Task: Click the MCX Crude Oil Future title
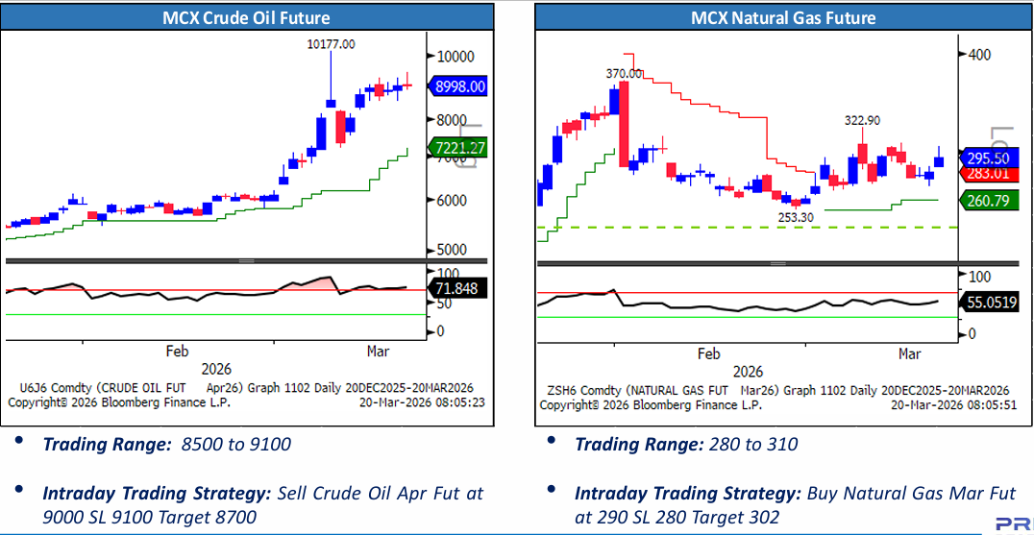click(x=246, y=17)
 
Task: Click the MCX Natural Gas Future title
click(x=783, y=17)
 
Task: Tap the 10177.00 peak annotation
click(x=330, y=44)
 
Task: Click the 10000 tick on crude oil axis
click(x=454, y=55)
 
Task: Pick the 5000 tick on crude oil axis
click(x=452, y=250)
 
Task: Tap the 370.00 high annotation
click(x=624, y=73)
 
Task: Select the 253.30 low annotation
click(x=795, y=217)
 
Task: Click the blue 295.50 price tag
click(x=988, y=158)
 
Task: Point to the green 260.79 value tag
click(x=988, y=200)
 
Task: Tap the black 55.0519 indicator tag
click(x=991, y=303)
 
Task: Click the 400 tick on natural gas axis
click(x=979, y=55)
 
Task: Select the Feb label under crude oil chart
click(x=178, y=351)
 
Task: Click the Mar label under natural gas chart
click(x=909, y=353)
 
